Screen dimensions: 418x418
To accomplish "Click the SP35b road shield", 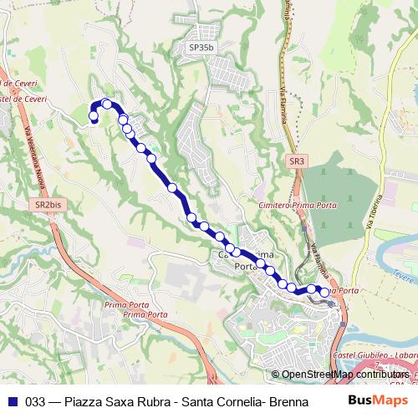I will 201,48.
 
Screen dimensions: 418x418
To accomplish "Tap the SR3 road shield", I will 296,161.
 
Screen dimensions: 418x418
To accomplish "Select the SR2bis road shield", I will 48,204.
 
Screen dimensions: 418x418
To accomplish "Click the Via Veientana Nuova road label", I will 36,159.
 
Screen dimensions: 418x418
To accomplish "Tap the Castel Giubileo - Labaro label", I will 376,357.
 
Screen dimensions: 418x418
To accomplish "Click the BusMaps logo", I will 378,400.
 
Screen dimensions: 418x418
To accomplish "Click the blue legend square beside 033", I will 13,401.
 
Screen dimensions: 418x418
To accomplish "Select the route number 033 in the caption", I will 35,401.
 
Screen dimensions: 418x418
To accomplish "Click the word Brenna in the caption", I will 288,401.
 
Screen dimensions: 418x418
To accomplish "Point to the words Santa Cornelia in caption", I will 217,401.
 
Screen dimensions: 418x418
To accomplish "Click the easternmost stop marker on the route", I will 324,293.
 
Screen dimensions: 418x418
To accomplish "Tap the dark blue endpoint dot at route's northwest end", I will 94,122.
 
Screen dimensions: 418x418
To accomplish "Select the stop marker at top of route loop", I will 107,104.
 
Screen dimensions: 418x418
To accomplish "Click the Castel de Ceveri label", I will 25,99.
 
